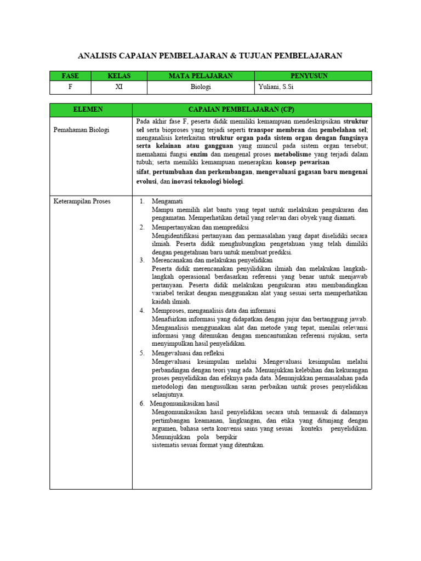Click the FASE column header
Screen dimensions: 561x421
70,76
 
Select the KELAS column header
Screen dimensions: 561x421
118,76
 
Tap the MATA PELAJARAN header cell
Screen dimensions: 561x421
201,76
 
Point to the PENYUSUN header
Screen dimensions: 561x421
309,76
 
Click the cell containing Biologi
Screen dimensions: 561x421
201,87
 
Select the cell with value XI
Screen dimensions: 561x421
118,87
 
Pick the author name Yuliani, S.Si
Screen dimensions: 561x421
277,87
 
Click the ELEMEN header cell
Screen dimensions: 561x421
90,110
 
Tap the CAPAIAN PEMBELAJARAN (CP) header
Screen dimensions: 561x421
252,110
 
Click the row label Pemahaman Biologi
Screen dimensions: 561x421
81,130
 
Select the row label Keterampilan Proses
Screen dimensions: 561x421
82,201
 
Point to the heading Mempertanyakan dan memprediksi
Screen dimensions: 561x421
200,227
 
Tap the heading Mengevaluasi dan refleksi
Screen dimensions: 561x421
188,353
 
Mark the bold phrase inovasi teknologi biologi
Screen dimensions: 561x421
207,181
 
